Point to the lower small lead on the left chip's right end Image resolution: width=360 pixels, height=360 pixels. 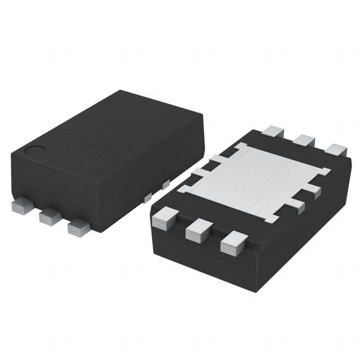click(x=147, y=197)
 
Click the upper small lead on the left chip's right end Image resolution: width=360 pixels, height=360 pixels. click(x=165, y=184)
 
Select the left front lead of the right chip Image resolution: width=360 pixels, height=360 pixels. click(x=164, y=218)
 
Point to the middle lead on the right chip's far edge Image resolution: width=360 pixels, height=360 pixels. click(x=305, y=141)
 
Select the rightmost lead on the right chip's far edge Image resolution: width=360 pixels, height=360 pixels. click(x=336, y=150)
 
